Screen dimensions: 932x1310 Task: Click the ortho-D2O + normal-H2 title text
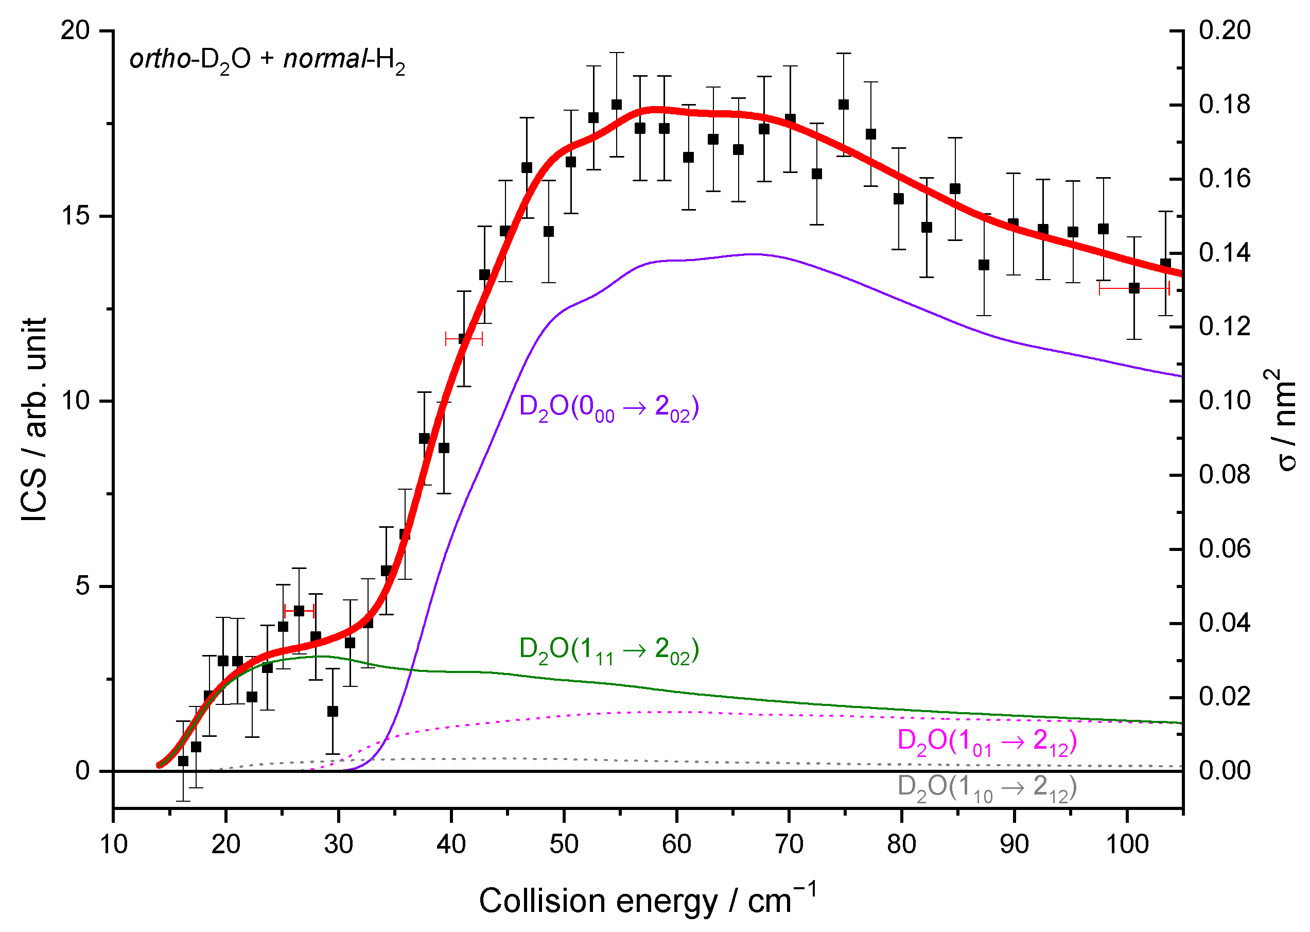267,60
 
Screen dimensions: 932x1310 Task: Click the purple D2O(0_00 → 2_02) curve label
608,408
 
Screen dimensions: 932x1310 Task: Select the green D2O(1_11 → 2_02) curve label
608,650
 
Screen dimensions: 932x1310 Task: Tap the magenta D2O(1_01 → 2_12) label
987,741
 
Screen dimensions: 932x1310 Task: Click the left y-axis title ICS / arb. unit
34,419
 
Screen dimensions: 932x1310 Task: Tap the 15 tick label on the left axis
76,216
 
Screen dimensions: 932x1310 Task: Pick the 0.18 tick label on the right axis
1225,105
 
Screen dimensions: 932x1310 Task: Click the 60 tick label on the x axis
677,844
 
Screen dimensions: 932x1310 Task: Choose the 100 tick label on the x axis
1127,844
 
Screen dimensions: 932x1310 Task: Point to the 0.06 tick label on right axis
1225,548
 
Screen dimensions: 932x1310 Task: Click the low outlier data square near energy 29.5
333,712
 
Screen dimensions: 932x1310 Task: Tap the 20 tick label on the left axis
76,30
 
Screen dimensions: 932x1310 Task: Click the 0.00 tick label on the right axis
1225,770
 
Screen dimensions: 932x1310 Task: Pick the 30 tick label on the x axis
338,844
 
